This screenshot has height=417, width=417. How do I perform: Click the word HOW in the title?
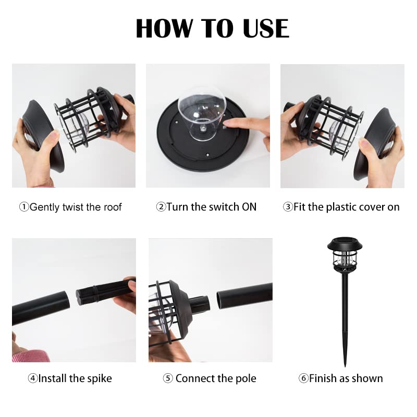pos(164,28)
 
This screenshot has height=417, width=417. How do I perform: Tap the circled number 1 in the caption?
pos(24,207)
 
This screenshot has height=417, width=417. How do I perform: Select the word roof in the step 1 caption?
pos(113,207)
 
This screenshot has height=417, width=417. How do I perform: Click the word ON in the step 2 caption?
pos(249,207)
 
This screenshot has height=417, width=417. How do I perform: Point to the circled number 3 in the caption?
pos(288,207)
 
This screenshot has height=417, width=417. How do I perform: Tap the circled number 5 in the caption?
pos(168,378)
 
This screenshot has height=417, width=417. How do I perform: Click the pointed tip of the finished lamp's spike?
pos(345,366)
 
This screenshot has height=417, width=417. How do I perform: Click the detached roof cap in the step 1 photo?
pos(43,136)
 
